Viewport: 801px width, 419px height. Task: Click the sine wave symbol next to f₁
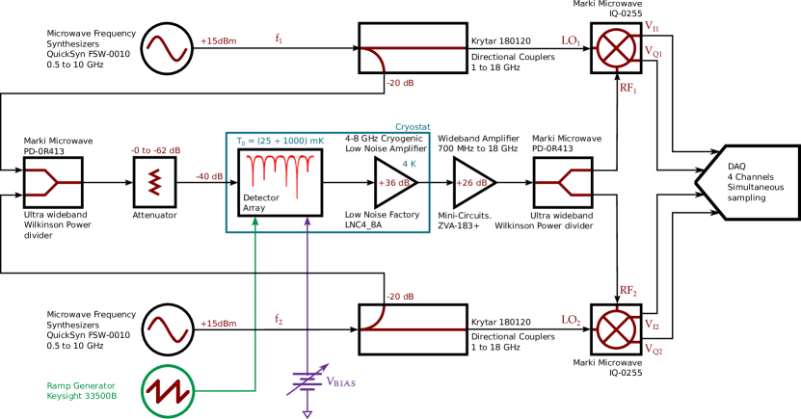coord(167,48)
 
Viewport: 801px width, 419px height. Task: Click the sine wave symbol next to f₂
coord(167,329)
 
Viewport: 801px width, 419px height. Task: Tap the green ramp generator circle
coord(169,391)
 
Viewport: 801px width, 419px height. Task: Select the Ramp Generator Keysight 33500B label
coord(82,390)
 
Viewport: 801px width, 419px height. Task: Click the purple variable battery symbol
coord(307,381)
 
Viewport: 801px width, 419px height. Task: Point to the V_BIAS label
coord(341,382)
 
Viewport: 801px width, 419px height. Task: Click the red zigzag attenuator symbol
coord(154,182)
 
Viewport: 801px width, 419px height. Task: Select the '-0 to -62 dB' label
coord(156,150)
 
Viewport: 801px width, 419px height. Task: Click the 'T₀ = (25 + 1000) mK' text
coord(280,142)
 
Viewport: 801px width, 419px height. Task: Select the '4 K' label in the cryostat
coord(410,164)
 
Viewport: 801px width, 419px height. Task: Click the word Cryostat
coord(413,127)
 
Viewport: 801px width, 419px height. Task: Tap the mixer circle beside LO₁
coord(615,48)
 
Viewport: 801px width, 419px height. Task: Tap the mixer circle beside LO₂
coord(615,328)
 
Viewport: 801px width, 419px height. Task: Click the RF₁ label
coord(628,89)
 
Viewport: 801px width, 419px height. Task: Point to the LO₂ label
coord(571,320)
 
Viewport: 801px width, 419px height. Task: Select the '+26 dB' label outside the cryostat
coord(471,183)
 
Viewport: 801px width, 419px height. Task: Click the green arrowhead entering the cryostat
coord(255,222)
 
